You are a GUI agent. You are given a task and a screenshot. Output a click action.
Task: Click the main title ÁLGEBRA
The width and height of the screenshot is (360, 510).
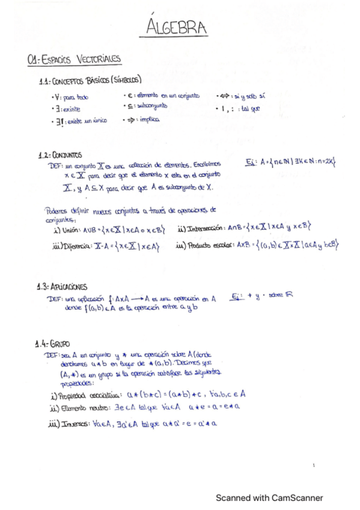click(x=176, y=27)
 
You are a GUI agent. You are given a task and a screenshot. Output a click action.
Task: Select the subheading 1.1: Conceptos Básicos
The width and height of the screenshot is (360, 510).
click(x=90, y=80)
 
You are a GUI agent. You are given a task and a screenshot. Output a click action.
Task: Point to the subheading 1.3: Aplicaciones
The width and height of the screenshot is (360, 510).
click(x=62, y=286)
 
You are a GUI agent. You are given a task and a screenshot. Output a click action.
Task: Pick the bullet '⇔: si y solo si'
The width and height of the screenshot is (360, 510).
click(x=240, y=96)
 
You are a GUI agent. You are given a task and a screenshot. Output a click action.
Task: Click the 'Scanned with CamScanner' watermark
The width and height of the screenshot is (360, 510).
click(x=269, y=497)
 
